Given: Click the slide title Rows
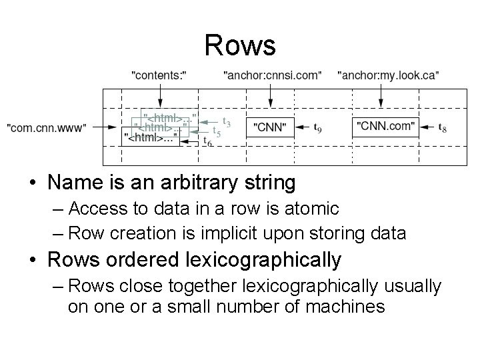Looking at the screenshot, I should (239, 45).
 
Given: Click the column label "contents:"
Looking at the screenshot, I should (159, 75).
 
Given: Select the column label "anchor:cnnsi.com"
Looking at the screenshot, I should (272, 75).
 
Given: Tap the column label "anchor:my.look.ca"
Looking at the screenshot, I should (389, 75).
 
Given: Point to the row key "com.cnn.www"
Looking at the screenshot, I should (46, 126).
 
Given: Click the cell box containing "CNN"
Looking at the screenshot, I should (270, 126).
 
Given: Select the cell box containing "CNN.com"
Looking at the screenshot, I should (385, 126).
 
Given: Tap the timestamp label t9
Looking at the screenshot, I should (319, 126).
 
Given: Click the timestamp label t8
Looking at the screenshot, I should (442, 126).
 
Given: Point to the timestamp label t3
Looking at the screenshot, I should (227, 123).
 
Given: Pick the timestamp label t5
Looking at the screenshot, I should (217, 131).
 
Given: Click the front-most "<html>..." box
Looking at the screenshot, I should (152, 139).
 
